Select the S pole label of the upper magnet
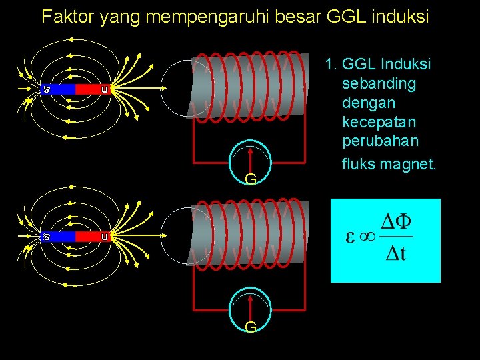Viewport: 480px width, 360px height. tap(47, 89)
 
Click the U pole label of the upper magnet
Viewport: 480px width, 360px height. tap(105, 89)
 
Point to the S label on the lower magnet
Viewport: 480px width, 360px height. tap(47, 237)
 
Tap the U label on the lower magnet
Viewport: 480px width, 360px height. tap(105, 237)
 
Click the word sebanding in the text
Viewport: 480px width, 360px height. tap(379, 84)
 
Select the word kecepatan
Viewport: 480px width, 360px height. tap(379, 123)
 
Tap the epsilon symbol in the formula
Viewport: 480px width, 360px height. tap(349, 238)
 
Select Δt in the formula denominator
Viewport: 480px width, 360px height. tap(397, 255)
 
